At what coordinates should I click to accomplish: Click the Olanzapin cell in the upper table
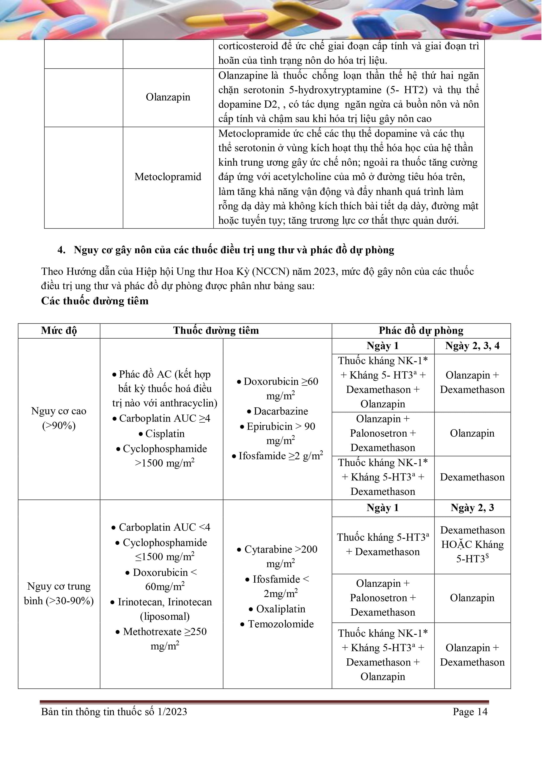tap(168, 97)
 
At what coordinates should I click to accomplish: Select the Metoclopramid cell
tap(168, 177)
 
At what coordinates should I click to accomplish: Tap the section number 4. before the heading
tap(61, 250)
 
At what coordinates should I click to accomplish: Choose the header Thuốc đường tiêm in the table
tap(216, 331)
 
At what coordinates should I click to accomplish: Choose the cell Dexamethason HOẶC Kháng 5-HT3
tap(472, 544)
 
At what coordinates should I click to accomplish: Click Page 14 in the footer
tap(470, 712)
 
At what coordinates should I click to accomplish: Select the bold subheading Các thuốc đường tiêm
tap(95, 301)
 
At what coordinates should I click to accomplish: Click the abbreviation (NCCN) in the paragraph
tap(271, 272)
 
